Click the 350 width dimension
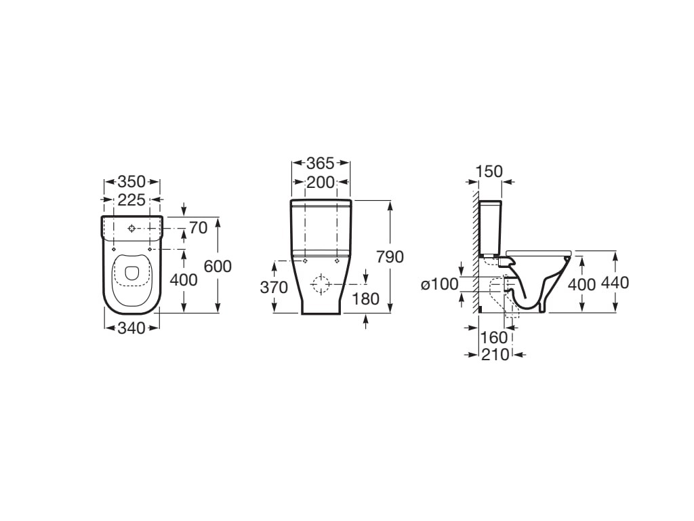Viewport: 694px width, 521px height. coord(132,182)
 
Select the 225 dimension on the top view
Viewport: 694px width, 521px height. coord(132,200)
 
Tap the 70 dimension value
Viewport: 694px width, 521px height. coord(199,228)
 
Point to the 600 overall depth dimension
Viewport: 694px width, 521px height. coord(218,266)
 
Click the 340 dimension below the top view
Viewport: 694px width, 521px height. coord(132,328)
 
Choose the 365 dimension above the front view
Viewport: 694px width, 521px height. coord(320,163)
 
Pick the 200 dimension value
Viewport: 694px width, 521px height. coord(320,182)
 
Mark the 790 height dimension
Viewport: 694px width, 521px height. coord(390,256)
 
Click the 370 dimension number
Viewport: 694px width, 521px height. coord(274,288)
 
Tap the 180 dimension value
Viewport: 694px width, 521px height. coord(365,299)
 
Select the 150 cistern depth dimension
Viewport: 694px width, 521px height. coord(489,172)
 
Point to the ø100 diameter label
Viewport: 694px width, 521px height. coord(439,284)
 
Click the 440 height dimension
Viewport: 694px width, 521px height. coord(615,283)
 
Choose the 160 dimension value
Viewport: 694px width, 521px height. coord(494,338)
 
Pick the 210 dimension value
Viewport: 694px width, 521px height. coord(495,354)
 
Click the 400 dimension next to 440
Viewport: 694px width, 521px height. coord(582,284)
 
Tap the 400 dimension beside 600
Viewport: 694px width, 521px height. coord(184,280)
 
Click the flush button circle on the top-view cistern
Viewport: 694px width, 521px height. coord(132,228)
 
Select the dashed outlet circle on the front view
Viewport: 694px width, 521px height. coord(321,285)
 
